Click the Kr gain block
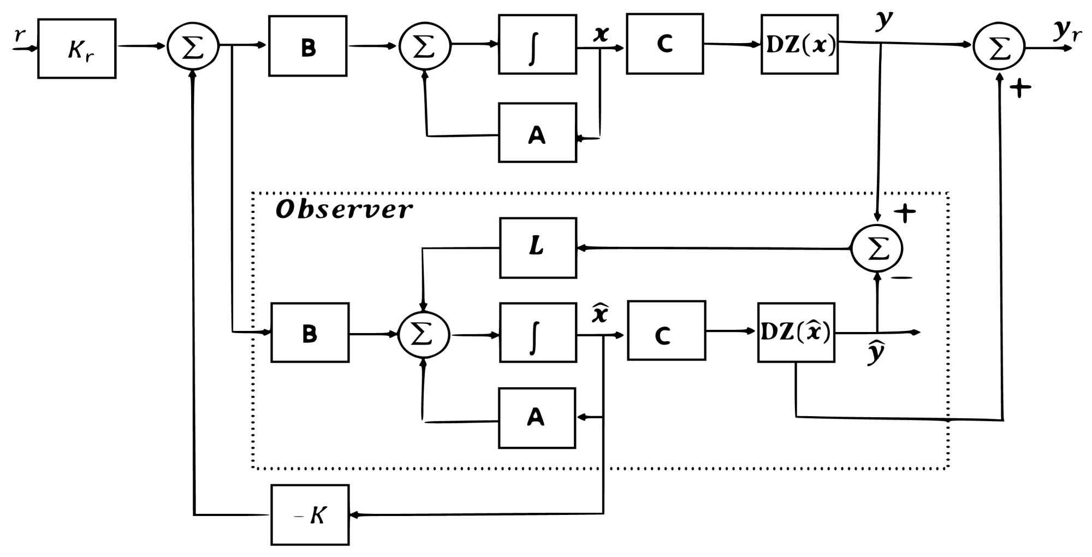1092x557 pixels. pos(76,49)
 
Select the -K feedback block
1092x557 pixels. pos(310,514)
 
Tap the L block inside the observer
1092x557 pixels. pos(538,248)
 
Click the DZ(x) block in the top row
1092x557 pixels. pos(799,44)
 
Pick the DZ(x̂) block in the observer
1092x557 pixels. pos(796,332)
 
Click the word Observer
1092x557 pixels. pos(344,210)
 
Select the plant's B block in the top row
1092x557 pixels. pos(307,46)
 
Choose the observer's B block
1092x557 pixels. pos(310,333)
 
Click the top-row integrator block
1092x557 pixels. pos(537,44)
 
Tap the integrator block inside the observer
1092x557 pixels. pos(538,333)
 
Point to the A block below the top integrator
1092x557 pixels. pos(537,133)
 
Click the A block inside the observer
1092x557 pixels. pos(537,418)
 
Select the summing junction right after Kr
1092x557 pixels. pos(193,46)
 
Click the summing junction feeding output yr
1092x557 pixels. pos(999,46)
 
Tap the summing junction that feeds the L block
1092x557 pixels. pos(877,248)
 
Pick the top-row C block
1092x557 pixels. pos(664,44)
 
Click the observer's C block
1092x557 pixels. pos(666,330)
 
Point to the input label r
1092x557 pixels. pos(20,35)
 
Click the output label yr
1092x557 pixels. pos(1066,31)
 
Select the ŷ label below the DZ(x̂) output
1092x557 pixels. pos(876,352)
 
